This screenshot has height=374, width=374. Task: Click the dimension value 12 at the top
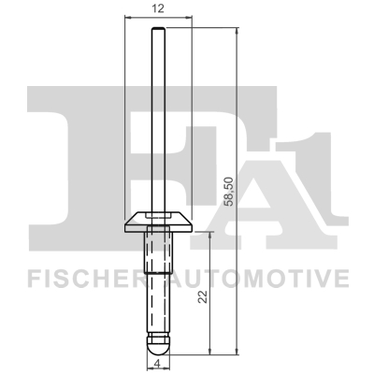pos(159,8)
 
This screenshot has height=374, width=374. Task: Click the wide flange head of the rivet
pos(159,221)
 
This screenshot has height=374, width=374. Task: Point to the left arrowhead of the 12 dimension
pos(128,18)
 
